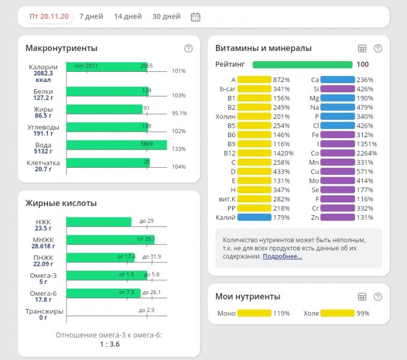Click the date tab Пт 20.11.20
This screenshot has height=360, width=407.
(x=50, y=17)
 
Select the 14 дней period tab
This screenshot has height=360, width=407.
(x=127, y=17)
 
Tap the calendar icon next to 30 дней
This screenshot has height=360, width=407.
(x=195, y=17)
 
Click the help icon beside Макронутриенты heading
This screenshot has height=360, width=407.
(x=188, y=49)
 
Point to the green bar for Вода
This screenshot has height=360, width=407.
(x=116, y=145)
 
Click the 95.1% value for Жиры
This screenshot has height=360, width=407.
(x=179, y=113)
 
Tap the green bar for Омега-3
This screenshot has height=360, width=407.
(x=107, y=276)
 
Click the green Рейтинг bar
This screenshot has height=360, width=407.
(x=302, y=65)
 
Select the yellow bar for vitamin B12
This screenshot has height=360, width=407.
(x=254, y=153)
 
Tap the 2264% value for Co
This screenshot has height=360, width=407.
(x=365, y=153)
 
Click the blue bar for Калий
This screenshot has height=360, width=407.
(x=254, y=217)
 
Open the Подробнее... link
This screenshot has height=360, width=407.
(x=283, y=256)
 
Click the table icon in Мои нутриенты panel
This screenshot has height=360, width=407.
(x=362, y=297)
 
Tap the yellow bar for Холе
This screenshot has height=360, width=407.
(x=337, y=313)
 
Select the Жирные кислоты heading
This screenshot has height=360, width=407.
(x=60, y=204)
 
